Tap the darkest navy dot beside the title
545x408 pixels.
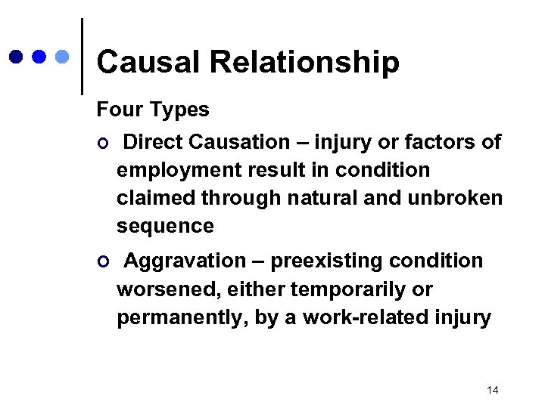[x=16, y=57]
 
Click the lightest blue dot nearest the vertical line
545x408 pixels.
[x=64, y=57]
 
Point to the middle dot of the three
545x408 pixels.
[x=40, y=57]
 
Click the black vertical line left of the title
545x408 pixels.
[x=82, y=57]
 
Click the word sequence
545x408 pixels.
[x=165, y=226]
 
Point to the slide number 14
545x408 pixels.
[x=493, y=390]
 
